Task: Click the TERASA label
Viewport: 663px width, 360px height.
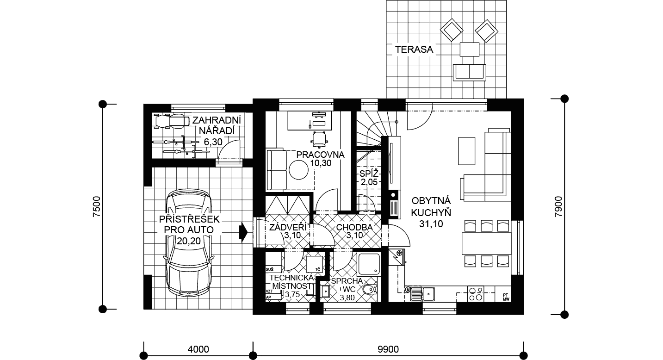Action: (414, 50)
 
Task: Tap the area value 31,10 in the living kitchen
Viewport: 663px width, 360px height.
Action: (431, 224)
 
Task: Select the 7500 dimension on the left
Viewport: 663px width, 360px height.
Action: (97, 207)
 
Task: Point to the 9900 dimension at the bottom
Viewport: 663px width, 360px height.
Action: (388, 349)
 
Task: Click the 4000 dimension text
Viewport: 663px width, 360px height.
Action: (198, 349)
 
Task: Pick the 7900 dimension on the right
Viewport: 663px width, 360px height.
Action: (558, 207)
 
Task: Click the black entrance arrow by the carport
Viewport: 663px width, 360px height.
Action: (243, 232)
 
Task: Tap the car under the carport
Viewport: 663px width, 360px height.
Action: (189, 242)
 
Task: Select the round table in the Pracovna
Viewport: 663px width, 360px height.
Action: (298, 170)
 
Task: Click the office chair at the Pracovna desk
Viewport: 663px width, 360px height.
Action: (319, 139)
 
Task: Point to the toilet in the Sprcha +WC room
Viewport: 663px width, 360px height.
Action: (370, 290)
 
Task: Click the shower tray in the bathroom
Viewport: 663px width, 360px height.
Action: (368, 264)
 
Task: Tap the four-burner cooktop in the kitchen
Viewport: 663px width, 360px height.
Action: (476, 294)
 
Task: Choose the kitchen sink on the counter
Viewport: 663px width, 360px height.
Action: (422, 294)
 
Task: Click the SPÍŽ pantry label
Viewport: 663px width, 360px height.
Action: (368, 173)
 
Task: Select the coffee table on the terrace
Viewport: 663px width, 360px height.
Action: (470, 50)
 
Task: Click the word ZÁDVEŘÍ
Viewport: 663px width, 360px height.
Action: (288, 227)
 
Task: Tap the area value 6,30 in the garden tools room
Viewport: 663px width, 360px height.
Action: (213, 142)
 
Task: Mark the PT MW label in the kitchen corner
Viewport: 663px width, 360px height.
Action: (506, 297)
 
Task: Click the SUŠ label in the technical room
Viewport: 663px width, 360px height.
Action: (270, 269)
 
